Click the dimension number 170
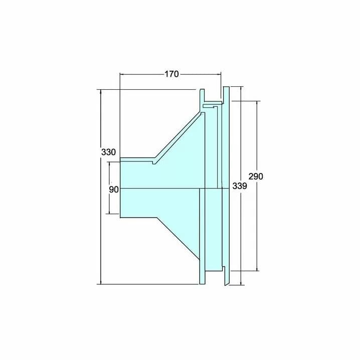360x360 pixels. coord(171,74)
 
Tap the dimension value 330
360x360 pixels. coord(108,152)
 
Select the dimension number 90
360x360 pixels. coord(114,190)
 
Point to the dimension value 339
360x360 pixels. coord(240,186)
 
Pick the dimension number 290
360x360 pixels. coord(256,176)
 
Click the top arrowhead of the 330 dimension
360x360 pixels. coord(101,92)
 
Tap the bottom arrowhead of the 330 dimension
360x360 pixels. coord(101,282)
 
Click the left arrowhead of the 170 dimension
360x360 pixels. coord(123,74)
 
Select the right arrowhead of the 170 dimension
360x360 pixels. coord(218,74)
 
